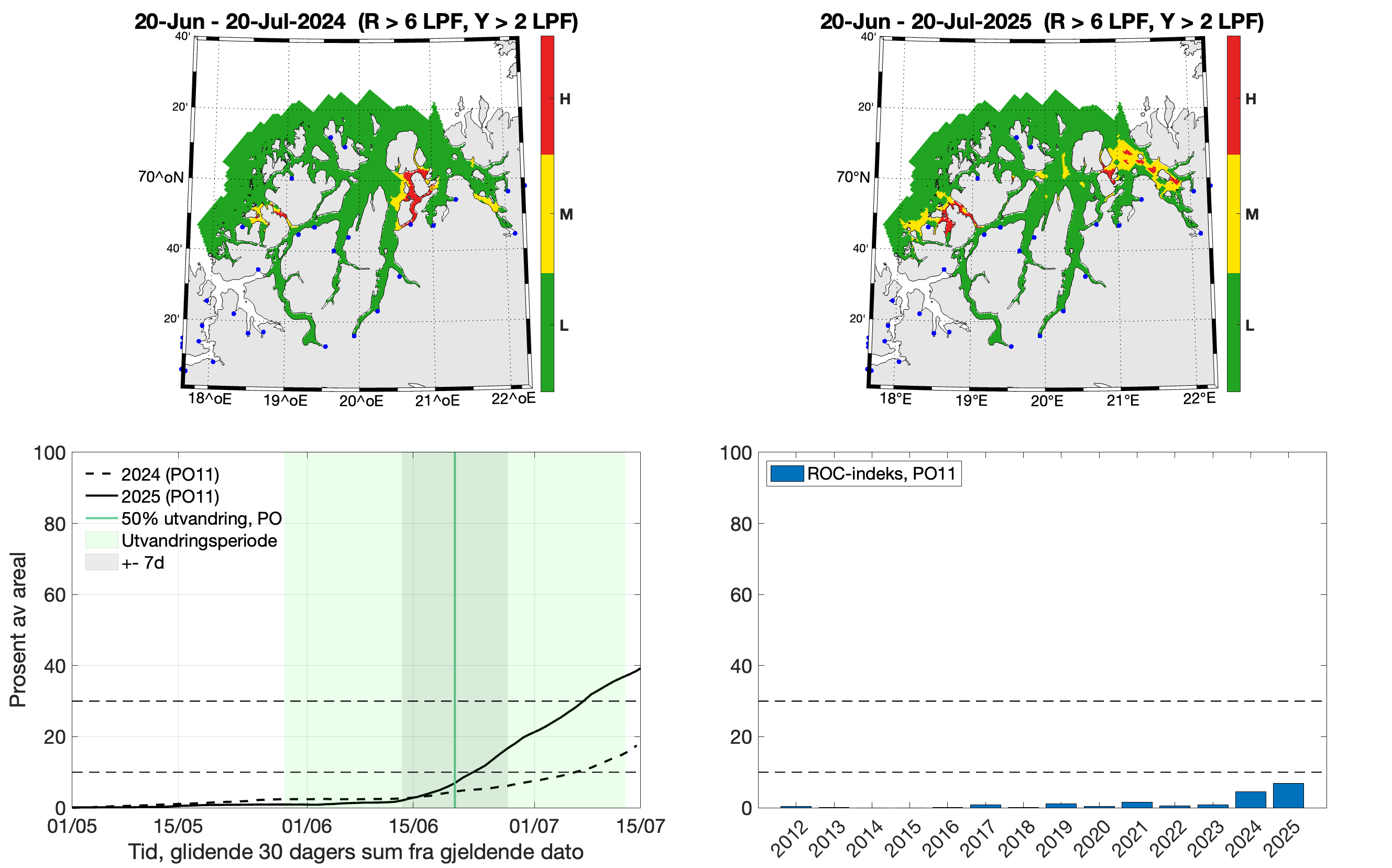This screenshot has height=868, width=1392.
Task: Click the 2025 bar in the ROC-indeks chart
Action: [1288, 795]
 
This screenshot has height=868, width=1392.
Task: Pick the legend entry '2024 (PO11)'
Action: [170, 475]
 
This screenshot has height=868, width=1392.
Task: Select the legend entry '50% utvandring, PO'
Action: [201, 518]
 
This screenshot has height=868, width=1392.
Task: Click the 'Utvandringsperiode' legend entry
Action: [199, 540]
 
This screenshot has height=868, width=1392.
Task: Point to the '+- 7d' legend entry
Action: [143, 562]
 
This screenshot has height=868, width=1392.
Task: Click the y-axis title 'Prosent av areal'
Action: [18, 629]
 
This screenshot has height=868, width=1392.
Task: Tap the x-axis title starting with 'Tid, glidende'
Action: [355, 852]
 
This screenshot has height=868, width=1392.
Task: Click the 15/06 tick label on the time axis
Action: [413, 826]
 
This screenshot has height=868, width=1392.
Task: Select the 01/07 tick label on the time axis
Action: [534, 826]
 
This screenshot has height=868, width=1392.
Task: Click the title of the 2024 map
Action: [356, 22]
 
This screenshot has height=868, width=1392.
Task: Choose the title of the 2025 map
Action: [1042, 22]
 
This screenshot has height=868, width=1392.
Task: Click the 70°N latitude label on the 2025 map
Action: [852, 177]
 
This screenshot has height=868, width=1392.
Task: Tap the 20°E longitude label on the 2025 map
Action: [1047, 400]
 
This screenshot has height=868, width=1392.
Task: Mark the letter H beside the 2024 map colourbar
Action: [565, 99]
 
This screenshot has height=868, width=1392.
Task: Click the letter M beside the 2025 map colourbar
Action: [1252, 215]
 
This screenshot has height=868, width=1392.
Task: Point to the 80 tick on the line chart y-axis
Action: [54, 524]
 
